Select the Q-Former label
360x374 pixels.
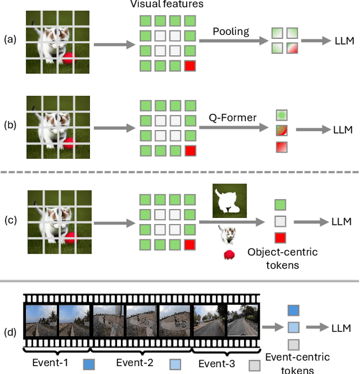232,118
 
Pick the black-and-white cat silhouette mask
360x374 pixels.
229,201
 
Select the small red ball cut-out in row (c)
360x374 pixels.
229,255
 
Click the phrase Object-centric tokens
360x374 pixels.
282,258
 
